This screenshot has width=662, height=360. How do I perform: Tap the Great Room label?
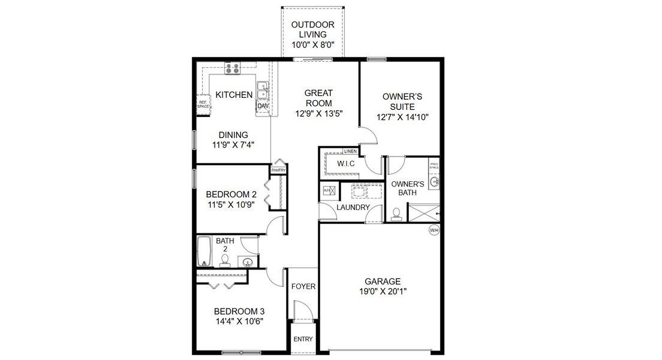318,98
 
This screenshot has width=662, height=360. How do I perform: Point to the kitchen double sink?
262,91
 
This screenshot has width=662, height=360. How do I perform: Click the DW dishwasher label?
263,106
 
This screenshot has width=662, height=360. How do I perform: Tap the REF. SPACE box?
203,104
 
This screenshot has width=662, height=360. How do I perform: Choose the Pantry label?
278,170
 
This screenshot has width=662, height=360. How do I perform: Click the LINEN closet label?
350,151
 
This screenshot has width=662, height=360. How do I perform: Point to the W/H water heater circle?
433,230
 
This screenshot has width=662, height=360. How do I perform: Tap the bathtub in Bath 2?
204,251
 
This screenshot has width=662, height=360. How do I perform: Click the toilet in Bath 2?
225,260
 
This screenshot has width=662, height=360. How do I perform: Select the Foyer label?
303,287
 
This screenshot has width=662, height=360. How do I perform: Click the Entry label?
303,339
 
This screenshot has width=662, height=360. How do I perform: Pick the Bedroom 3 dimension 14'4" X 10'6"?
239,321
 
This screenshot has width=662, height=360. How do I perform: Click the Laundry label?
353,208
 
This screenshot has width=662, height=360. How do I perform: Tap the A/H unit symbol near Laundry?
328,190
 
